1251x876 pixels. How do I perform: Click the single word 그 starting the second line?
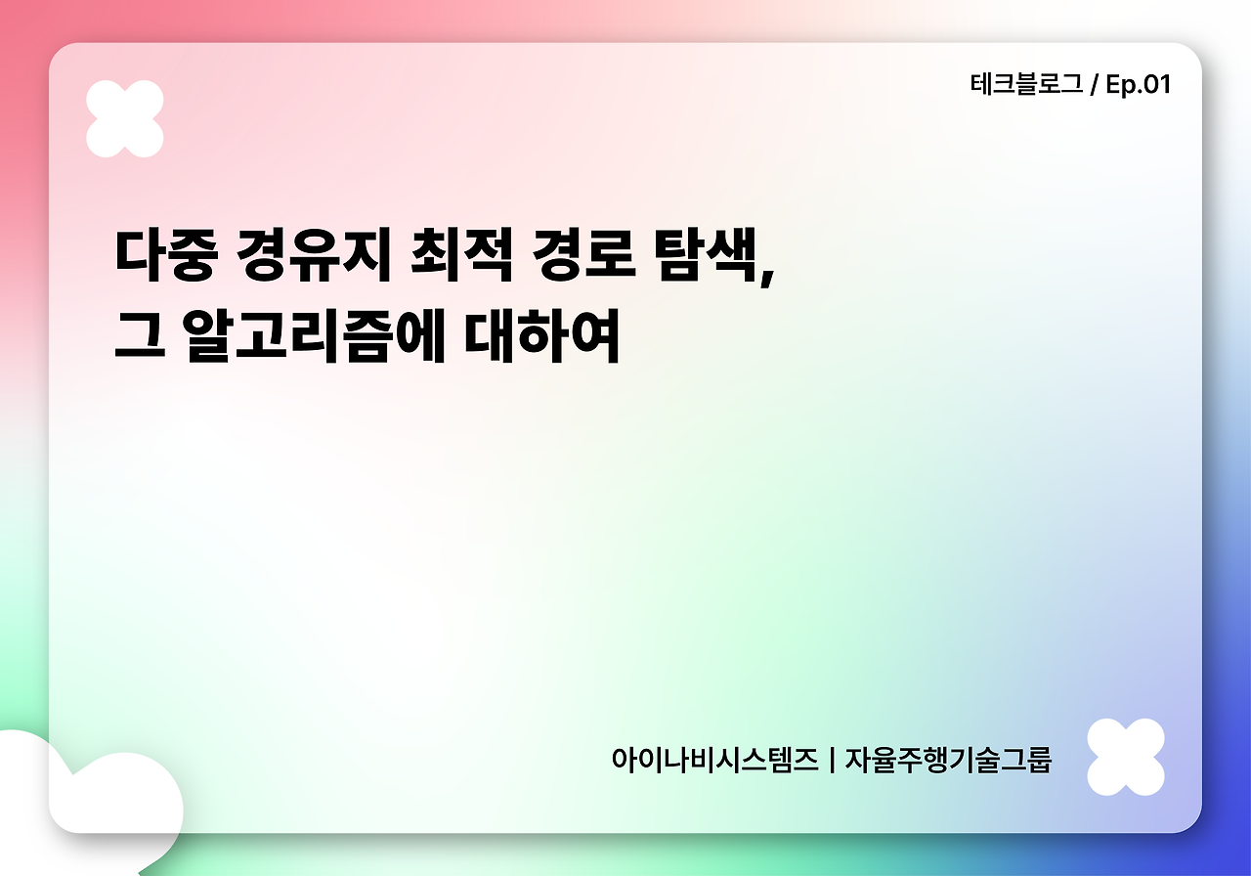(x=137, y=337)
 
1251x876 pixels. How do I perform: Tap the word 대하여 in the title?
(x=542, y=337)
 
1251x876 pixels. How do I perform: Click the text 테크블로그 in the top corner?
(x=1026, y=85)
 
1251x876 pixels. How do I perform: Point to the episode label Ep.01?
(x=1138, y=85)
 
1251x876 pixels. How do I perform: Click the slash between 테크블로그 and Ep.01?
(x=1094, y=85)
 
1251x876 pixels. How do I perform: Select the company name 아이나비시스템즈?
(x=714, y=760)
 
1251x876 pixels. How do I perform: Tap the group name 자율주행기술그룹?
(x=947, y=760)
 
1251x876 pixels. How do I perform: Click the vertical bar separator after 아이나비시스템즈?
(x=831, y=760)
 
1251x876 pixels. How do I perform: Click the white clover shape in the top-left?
(x=125, y=118)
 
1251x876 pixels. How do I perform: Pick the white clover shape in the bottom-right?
(x=1126, y=757)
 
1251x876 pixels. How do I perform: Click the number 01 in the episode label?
(x=1156, y=85)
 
